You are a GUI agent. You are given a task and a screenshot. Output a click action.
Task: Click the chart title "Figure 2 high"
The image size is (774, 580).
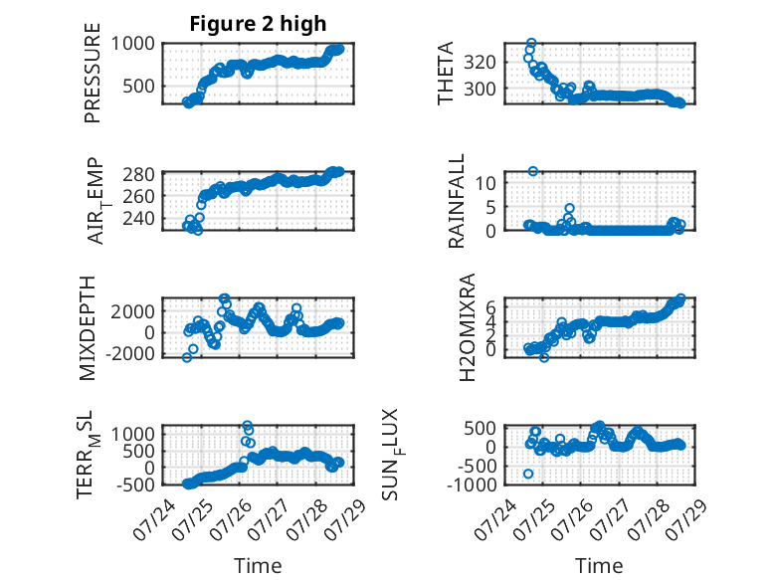[x=258, y=24]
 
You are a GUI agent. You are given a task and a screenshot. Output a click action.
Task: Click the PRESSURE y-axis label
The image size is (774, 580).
[x=93, y=73]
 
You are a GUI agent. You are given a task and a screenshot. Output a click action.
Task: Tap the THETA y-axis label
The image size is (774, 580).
[x=446, y=73]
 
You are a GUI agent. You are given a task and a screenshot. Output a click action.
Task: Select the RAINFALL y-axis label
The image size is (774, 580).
[x=456, y=201]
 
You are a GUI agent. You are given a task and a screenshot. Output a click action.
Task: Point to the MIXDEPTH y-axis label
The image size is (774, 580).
[x=87, y=328]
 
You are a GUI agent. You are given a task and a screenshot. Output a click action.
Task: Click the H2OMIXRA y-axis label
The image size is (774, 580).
[x=467, y=327]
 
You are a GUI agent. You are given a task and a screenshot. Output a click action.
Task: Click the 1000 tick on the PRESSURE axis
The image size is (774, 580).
[x=132, y=44]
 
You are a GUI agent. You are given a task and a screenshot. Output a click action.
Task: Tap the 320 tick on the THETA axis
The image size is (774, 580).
[x=480, y=63]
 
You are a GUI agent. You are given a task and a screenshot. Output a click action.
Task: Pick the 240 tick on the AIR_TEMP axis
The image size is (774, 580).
[x=138, y=218]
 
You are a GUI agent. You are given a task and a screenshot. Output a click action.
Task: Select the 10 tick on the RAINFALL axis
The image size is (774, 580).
[x=485, y=183]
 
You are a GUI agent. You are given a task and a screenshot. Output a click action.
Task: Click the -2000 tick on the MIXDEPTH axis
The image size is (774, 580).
[x=132, y=354]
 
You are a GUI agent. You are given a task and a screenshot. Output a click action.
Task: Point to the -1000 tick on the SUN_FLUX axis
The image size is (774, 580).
[x=472, y=484]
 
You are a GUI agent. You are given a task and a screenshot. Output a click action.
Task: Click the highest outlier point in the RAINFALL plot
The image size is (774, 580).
[x=532, y=171]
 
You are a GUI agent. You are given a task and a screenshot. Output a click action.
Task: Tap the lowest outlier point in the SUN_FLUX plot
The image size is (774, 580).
[x=528, y=474]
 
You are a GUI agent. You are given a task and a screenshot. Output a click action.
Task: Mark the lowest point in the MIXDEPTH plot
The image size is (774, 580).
[x=187, y=358]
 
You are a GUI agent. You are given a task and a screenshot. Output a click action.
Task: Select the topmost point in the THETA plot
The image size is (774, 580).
[x=531, y=43]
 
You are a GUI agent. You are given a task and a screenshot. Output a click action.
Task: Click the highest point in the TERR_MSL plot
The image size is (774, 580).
[x=248, y=425]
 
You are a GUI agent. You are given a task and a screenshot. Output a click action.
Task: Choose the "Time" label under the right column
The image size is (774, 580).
[x=599, y=566]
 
